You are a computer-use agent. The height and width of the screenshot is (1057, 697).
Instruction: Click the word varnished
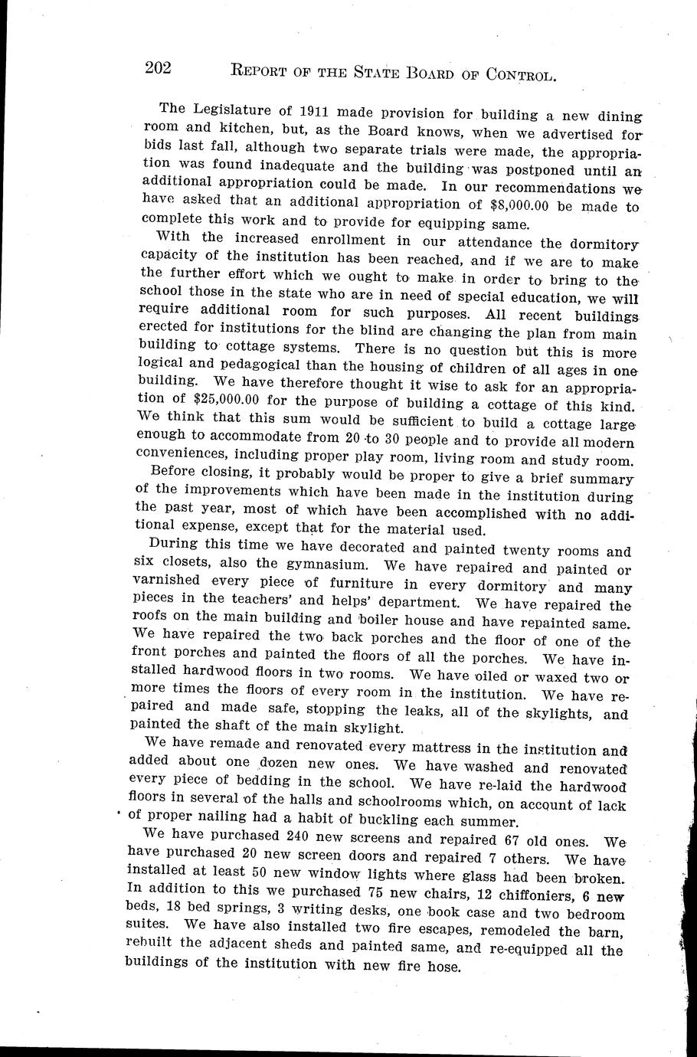[168, 584]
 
